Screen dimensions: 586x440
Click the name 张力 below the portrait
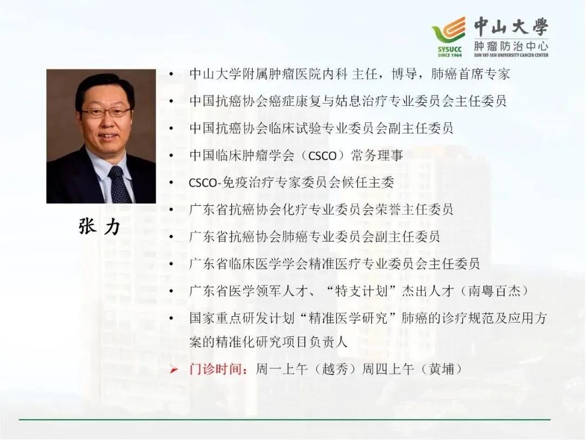click(99, 226)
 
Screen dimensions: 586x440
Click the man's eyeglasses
click(106, 112)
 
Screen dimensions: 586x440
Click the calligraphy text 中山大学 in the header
click(511, 27)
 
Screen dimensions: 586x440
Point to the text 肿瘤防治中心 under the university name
click(511, 46)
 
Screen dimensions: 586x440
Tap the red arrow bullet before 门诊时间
click(173, 370)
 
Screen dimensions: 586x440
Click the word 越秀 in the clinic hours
click(334, 369)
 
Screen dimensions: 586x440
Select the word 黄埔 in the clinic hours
click(441, 369)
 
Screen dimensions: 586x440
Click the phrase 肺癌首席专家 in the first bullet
click(470, 74)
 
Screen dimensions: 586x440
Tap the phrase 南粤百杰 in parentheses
click(494, 291)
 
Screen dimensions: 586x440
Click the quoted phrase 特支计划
click(361, 291)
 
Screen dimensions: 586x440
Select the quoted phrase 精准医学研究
click(348, 318)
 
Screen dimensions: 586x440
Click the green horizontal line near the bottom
click(284, 419)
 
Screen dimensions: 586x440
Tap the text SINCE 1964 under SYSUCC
click(450, 55)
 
